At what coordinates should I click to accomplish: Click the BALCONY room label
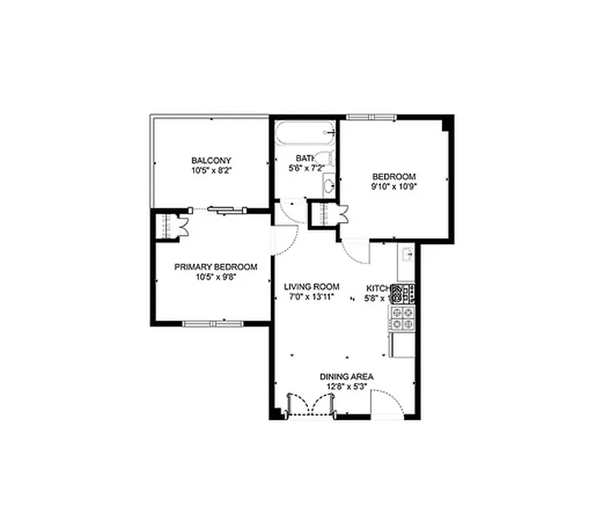[211, 161]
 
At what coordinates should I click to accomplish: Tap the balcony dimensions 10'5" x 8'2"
[211, 170]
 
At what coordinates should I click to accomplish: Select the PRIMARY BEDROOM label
[216, 267]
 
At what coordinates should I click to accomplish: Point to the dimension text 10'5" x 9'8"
[216, 277]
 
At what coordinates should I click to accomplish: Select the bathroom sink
[329, 185]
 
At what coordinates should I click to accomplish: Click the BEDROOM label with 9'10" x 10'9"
[394, 177]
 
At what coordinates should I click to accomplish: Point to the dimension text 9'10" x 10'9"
[394, 186]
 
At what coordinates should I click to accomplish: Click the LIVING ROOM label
[311, 287]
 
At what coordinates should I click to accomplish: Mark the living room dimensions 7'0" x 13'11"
[311, 297]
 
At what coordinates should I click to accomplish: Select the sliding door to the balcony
[226, 210]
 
